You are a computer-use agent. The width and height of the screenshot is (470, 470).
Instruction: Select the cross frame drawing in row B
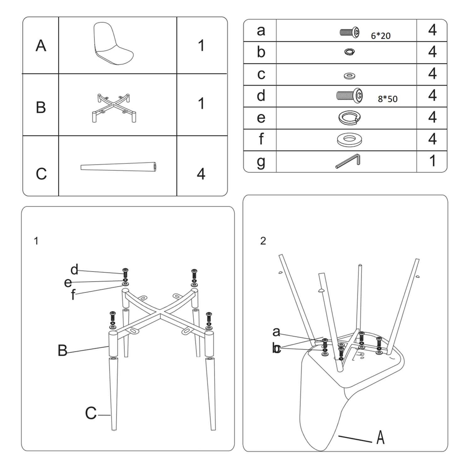(x=114, y=107)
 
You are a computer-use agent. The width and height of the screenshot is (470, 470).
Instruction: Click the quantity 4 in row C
(x=201, y=174)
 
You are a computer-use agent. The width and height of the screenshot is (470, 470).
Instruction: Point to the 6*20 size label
(x=381, y=36)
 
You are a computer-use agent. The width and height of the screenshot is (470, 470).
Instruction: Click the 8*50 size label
(x=388, y=99)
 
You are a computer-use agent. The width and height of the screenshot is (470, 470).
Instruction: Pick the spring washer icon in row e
(x=349, y=118)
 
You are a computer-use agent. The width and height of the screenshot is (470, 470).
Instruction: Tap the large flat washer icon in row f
(x=349, y=139)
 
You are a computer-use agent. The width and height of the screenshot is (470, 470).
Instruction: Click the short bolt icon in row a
(x=350, y=32)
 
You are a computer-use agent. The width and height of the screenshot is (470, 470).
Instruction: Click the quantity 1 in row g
(x=432, y=161)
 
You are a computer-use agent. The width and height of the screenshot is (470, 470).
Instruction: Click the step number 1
(x=36, y=241)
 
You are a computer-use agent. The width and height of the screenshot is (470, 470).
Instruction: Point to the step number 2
(x=263, y=241)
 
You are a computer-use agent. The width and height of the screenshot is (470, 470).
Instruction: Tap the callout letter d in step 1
(x=74, y=269)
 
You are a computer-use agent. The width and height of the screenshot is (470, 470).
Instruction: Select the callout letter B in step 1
(x=63, y=350)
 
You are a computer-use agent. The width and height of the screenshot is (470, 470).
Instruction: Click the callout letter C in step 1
(x=91, y=413)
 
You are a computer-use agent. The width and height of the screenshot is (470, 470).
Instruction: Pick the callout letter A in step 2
(x=380, y=437)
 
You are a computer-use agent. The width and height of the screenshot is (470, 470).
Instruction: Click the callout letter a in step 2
(x=276, y=332)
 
